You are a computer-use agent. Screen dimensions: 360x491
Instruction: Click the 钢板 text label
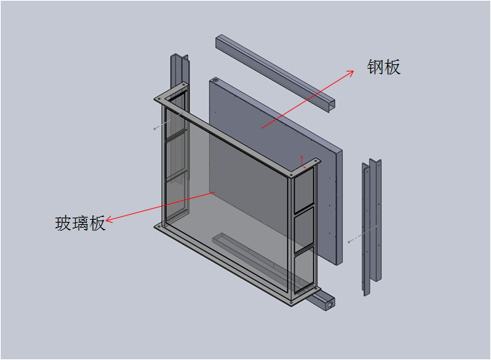[383, 67]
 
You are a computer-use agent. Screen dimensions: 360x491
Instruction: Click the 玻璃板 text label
[80, 223]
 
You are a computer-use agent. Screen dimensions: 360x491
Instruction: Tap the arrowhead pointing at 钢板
[351, 72]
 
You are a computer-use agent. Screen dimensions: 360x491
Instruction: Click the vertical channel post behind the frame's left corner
[179, 72]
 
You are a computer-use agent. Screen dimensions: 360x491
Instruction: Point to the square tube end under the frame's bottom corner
[327, 302]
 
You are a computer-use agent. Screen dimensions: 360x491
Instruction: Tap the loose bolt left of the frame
[156, 127]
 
